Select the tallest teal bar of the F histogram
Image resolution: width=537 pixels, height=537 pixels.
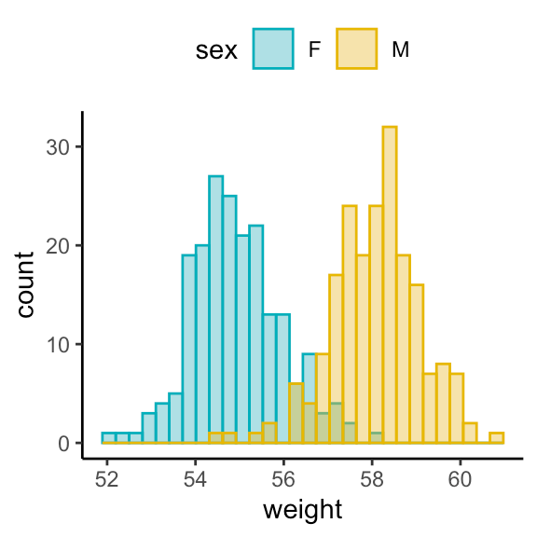pyautogui.click(x=215, y=309)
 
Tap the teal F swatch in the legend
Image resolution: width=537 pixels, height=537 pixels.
pyautogui.click(x=274, y=49)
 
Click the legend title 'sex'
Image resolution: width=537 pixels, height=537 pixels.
pyautogui.click(x=215, y=50)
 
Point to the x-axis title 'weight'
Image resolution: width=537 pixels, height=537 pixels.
pyautogui.click(x=303, y=510)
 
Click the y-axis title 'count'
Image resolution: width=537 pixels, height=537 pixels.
pyautogui.click(x=25, y=283)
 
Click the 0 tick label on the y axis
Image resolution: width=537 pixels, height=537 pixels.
pyautogui.click(x=63, y=444)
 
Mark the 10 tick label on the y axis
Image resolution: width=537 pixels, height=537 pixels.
pyautogui.click(x=58, y=345)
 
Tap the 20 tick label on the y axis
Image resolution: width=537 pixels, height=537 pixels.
pyautogui.click(x=58, y=246)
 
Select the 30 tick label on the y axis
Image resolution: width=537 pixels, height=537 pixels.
pyautogui.click(x=58, y=147)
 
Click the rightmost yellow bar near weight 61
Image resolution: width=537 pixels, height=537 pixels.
pyautogui.click(x=497, y=438)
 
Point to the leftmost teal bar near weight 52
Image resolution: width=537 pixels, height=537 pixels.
pyautogui.click(x=108, y=438)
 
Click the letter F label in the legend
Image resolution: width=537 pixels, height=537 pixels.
pyautogui.click(x=315, y=50)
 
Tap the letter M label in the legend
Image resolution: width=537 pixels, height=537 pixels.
pyautogui.click(x=400, y=50)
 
